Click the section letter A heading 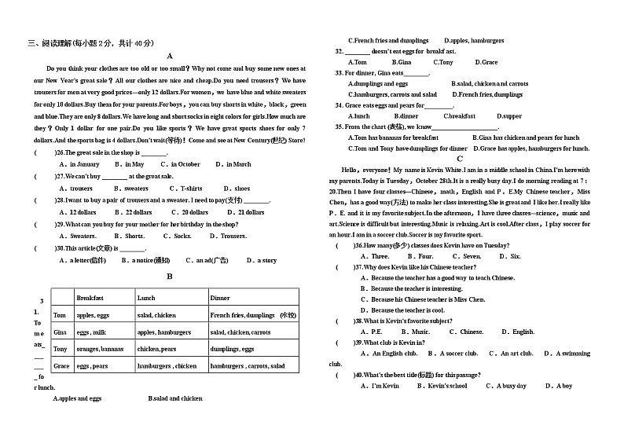click(169, 57)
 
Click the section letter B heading click(169, 277)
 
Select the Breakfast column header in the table click(90, 298)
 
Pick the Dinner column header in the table click(220, 298)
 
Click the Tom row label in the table click(60, 315)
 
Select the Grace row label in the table click(61, 366)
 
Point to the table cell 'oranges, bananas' click(100, 349)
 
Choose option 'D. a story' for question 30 click(262, 260)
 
